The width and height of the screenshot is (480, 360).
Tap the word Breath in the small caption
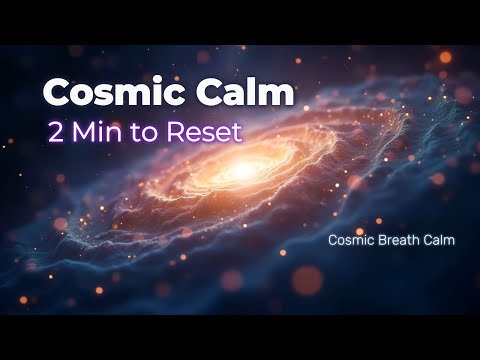tap(397, 240)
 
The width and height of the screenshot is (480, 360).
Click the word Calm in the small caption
tap(438, 240)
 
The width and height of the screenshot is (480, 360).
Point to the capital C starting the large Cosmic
tap(56, 93)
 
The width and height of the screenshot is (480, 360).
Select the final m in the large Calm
tap(279, 95)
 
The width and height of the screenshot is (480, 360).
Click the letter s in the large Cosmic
tap(104, 96)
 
